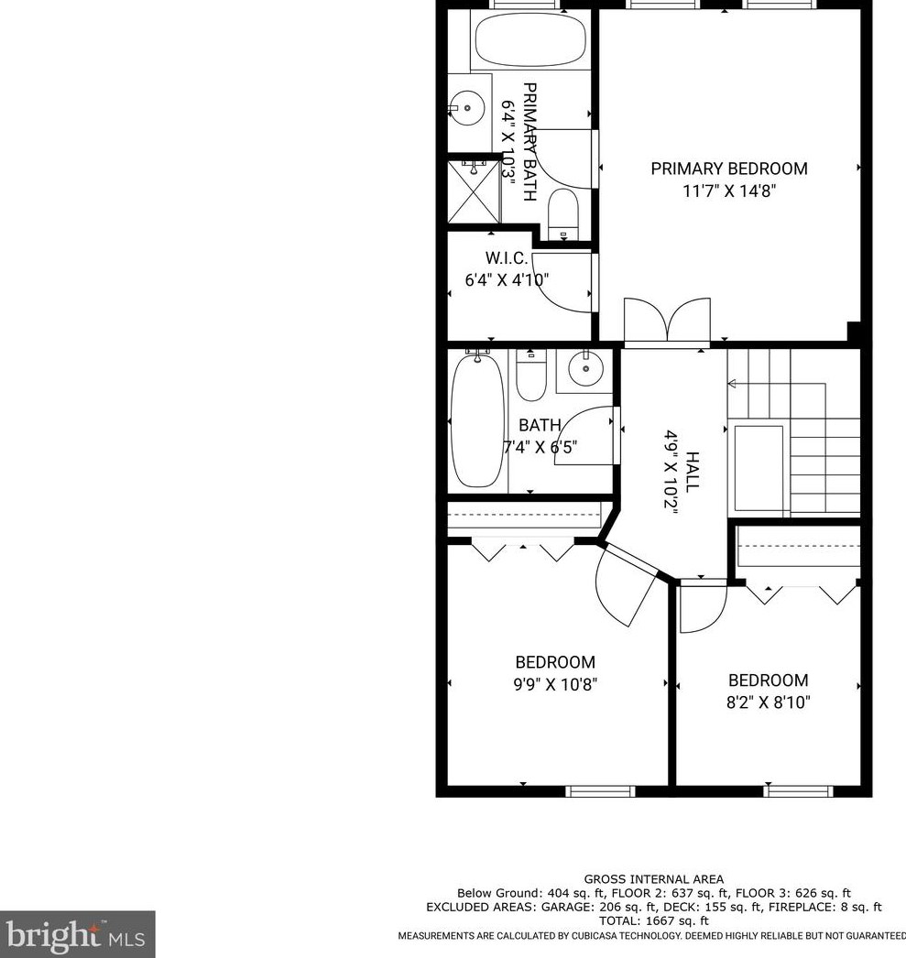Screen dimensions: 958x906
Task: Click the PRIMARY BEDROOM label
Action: (729, 169)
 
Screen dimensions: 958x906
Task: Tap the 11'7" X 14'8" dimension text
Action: (729, 192)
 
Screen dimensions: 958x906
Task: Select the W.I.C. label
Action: (507, 258)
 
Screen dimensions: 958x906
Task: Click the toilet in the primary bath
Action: (562, 212)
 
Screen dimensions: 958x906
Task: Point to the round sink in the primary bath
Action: (468, 108)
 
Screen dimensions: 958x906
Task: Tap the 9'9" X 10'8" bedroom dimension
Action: (555, 685)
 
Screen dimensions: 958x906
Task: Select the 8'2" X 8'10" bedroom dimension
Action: (769, 703)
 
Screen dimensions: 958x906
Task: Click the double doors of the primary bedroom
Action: (667, 322)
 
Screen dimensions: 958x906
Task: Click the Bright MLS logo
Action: (77, 935)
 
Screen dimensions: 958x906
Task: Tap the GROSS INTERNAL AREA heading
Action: (654, 879)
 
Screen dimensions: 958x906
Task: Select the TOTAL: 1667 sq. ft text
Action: (654, 920)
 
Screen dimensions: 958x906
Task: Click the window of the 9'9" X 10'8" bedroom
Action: (599, 790)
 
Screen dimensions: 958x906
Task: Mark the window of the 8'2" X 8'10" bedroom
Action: (798, 790)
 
